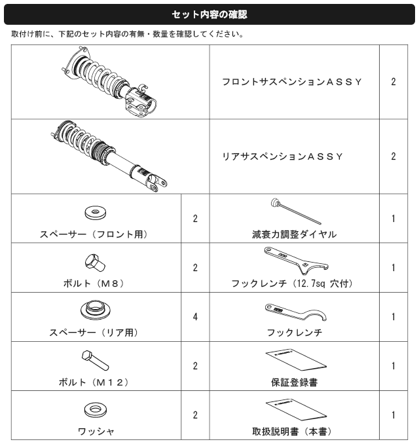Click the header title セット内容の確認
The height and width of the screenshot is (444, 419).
pos(209,14)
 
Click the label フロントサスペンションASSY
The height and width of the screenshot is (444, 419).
pos(292,82)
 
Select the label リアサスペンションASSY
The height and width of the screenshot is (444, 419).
pos(283,157)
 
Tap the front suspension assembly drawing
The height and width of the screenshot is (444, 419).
pos(109,82)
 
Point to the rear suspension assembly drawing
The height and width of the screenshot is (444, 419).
pos(109,156)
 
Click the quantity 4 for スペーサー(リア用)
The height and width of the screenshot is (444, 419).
pos(195,316)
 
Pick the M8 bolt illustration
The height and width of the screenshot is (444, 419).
pos(95,263)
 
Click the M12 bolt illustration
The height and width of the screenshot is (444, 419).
pos(95,360)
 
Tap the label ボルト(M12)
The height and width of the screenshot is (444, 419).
pos(94,382)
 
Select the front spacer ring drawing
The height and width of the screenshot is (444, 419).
pos(96,213)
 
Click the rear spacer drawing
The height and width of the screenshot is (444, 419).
pos(96,310)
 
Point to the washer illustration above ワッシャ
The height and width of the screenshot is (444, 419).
pos(96,410)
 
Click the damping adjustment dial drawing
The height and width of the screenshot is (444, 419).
pos(296,212)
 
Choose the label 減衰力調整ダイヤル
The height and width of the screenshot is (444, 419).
pos(295,234)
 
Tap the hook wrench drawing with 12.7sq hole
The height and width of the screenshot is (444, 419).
pos(297,261)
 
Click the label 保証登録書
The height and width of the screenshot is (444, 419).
pos(295,382)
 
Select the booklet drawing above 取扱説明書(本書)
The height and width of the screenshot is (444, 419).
pos(296,411)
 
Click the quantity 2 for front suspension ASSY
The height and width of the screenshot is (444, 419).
pos(393,82)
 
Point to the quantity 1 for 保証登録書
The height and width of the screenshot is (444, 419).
pos(393,366)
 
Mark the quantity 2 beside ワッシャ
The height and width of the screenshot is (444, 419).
pos(195,415)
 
